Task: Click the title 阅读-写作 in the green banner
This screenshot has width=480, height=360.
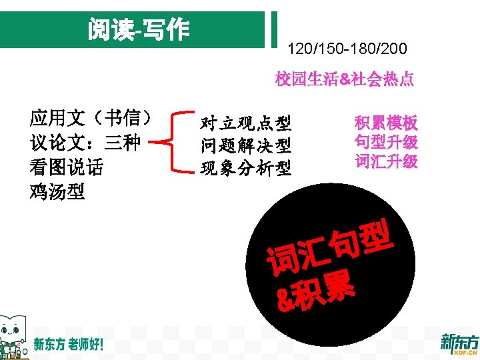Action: click(x=138, y=29)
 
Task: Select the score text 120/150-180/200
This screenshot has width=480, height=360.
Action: click(x=346, y=49)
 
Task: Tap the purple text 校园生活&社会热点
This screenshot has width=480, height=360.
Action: click(x=345, y=80)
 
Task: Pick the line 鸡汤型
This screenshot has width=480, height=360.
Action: click(x=57, y=191)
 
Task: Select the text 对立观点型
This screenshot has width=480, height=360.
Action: click(x=246, y=123)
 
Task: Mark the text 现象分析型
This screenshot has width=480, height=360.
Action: click(x=246, y=167)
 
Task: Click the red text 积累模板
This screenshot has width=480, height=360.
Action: click(x=386, y=123)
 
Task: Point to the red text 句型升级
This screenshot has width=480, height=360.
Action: click(x=386, y=142)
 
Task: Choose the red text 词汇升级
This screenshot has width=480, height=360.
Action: click(x=386, y=161)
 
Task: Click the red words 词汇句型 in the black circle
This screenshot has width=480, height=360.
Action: click(x=326, y=249)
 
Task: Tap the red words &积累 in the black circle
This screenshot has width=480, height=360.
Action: click(x=317, y=293)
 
